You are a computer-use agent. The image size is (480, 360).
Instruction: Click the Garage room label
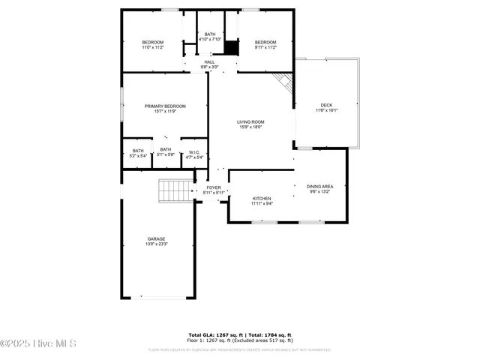[x=156, y=239]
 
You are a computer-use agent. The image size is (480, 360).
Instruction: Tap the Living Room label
[x=250, y=121]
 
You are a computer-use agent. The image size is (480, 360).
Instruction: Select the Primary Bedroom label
[x=165, y=106]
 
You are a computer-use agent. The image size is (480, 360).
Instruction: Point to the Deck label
[x=326, y=105]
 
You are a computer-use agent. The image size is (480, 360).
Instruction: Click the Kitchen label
[x=262, y=198]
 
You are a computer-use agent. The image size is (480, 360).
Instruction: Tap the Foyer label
[x=214, y=187]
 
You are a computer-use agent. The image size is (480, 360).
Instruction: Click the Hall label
[x=209, y=62]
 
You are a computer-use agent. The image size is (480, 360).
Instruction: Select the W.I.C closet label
[x=194, y=152]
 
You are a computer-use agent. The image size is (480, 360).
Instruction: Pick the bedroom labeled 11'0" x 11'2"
[x=153, y=42]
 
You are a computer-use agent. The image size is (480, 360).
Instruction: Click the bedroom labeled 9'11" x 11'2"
[x=265, y=42]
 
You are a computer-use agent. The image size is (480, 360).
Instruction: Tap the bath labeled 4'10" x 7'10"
[x=210, y=34]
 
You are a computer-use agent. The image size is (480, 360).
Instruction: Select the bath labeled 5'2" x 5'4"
[x=138, y=150]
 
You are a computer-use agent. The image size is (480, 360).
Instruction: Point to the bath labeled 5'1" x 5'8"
[x=165, y=150]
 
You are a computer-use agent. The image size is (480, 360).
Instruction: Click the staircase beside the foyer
[x=175, y=191]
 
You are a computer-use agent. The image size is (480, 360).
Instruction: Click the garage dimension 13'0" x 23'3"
[x=156, y=244]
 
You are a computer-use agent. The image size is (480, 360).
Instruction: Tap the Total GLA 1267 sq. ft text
[x=212, y=335]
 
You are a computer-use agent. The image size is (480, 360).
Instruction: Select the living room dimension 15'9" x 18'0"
[x=250, y=127]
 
